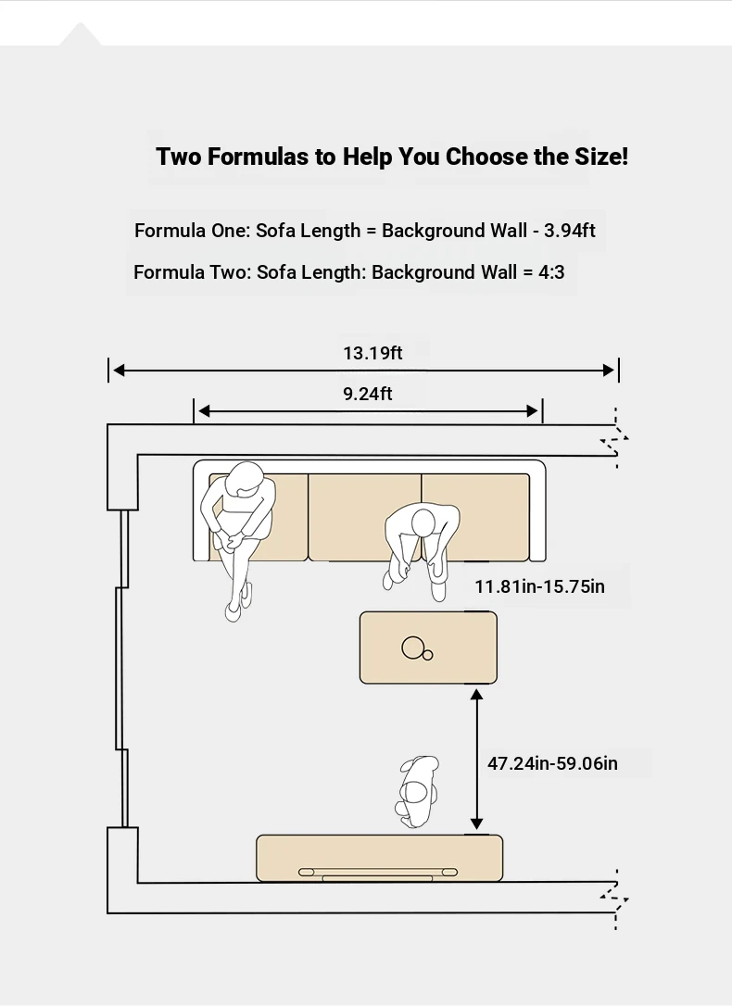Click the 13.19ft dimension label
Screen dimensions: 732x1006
pos(372,353)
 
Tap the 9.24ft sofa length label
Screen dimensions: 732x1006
pos(368,394)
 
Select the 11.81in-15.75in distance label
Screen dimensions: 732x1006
pos(539,586)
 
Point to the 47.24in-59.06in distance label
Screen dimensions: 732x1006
pos(552,763)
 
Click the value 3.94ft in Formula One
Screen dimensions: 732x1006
pos(570,231)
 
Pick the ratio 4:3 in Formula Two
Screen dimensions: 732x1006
pos(551,272)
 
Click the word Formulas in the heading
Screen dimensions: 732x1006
pos(258,157)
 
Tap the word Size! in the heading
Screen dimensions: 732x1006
pos(601,157)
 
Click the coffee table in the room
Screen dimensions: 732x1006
pos(428,648)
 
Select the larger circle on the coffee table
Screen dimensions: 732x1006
pos(412,648)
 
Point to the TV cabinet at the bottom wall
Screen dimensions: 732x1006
pos(379,859)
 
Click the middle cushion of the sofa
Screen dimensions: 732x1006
pos(364,517)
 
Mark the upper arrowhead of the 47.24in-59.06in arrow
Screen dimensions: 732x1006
pos(476,695)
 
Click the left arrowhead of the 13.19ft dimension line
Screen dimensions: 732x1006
pos(119,371)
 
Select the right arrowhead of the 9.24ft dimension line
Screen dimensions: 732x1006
pos(533,411)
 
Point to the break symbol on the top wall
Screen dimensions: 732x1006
pos(614,438)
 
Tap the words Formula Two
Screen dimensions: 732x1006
pos(169,272)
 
